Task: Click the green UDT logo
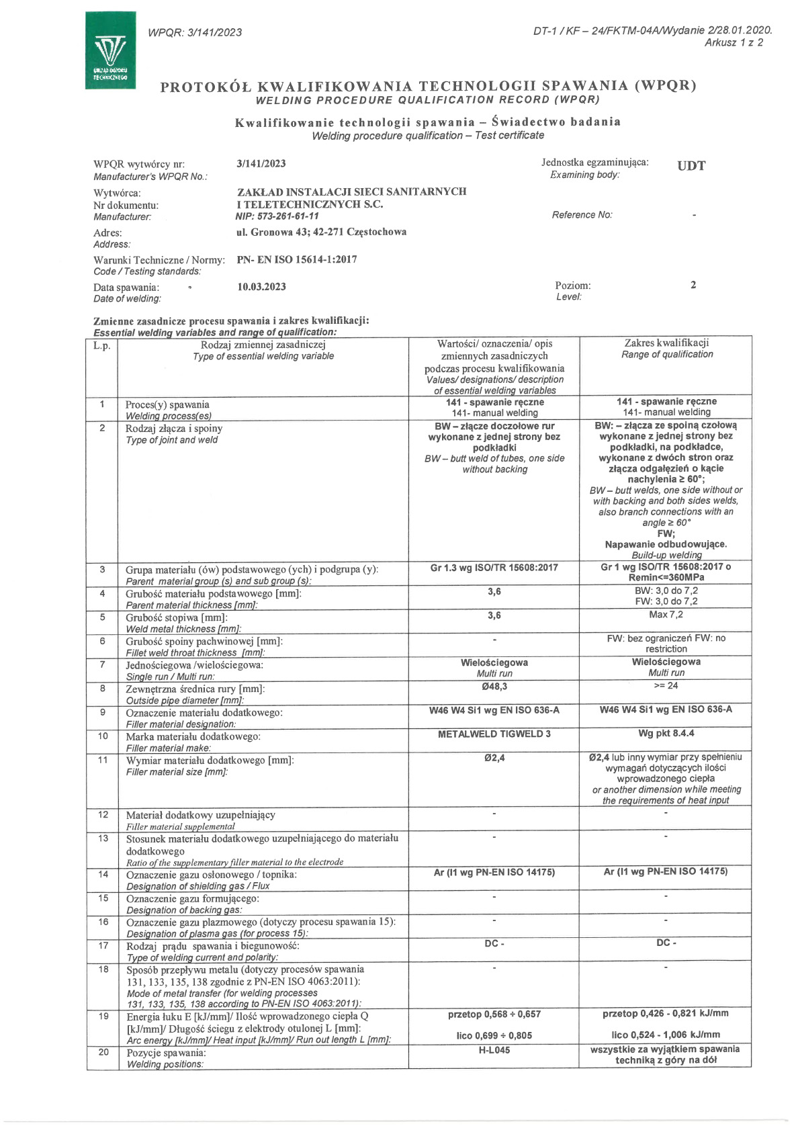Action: [110, 50]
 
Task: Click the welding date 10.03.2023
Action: [261, 287]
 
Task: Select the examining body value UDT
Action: [691, 166]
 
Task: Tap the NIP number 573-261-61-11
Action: [277, 216]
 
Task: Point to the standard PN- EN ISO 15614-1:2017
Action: [297, 259]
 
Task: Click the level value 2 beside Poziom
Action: [693, 285]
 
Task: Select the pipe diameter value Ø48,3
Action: [494, 687]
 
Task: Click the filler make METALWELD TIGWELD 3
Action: [494, 734]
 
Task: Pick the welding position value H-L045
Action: [494, 1050]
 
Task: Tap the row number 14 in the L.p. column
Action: [103, 874]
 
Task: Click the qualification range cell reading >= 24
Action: [666, 686]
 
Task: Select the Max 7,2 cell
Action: [666, 615]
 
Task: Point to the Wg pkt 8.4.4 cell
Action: [666, 734]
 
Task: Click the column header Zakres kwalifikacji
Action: [666, 343]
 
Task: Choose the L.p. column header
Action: [102, 346]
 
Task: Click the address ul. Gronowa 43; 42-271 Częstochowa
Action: [322, 232]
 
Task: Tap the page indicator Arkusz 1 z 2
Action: [734, 43]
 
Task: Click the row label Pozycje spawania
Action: [166, 1053]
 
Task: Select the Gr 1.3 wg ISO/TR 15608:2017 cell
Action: [494, 568]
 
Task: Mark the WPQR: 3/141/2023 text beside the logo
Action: [195, 32]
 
